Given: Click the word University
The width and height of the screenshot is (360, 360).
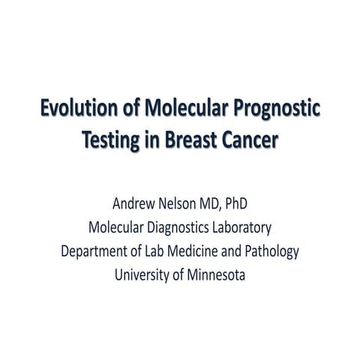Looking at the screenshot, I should click(x=145, y=274).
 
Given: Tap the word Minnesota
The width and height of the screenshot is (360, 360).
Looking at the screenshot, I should click(x=217, y=274).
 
